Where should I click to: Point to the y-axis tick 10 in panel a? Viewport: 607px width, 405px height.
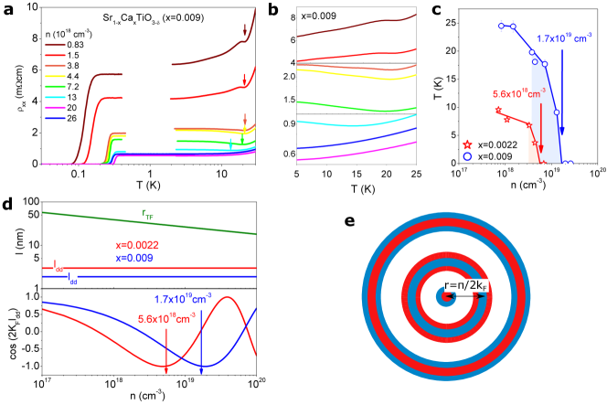pyautogui.click(x=31, y=8)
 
